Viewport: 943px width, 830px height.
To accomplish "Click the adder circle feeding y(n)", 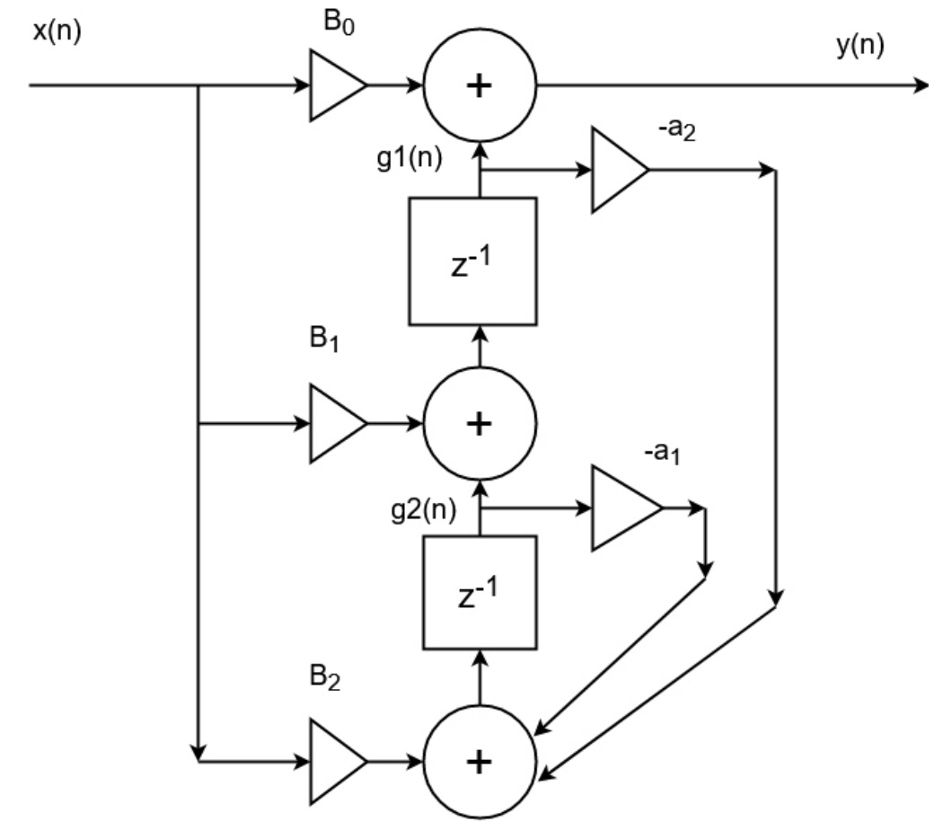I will (x=480, y=86).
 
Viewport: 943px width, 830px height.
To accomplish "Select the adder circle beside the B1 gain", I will (x=480, y=424).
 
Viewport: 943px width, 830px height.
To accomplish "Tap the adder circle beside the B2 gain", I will (x=480, y=762).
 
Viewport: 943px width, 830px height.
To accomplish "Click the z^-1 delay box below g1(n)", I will (x=472, y=260).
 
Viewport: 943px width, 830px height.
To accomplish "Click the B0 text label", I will (x=338, y=22).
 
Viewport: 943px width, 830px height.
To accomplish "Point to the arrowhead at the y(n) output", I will (x=921, y=86).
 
